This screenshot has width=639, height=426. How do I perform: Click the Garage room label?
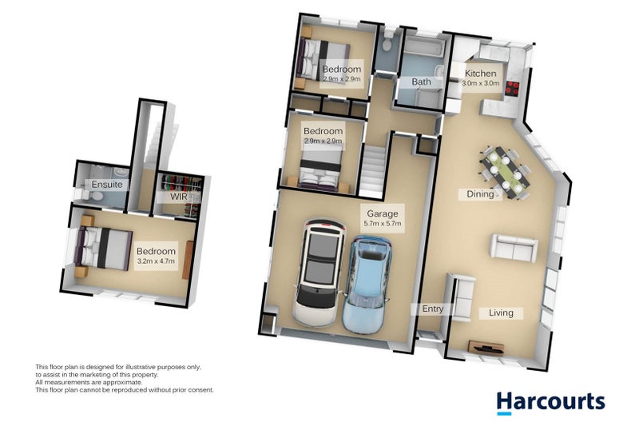tap(382, 213)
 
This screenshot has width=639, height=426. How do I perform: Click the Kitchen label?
tap(481, 74)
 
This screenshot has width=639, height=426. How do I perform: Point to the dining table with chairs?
tap(502, 170)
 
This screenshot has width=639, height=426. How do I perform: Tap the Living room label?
tap(501, 313)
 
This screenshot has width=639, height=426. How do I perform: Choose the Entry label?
tap(432, 309)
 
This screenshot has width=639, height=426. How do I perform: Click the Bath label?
tap(422, 82)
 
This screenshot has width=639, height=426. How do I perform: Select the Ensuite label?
tap(107, 185)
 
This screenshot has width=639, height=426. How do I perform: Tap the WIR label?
tap(178, 197)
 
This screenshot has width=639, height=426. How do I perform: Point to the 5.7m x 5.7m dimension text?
tap(382, 225)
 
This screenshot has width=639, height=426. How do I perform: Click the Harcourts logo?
tap(550, 401)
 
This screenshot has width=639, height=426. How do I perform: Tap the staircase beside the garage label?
tap(371, 169)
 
